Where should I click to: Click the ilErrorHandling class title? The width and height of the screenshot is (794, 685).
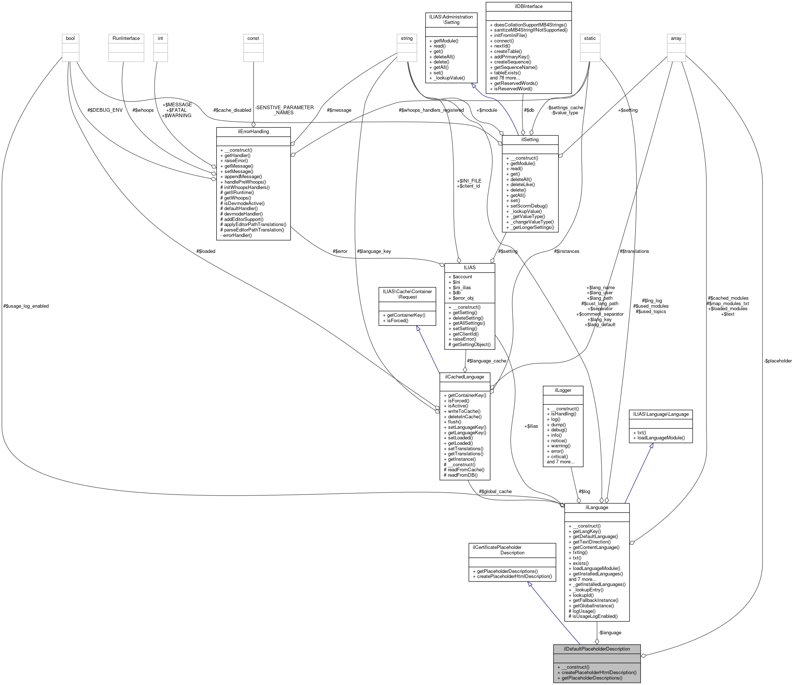253,131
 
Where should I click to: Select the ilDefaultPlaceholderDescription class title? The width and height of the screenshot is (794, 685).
597,649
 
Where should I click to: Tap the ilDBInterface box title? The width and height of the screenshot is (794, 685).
528,7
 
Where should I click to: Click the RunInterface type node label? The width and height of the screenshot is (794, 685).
126,38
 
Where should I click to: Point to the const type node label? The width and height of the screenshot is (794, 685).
253,38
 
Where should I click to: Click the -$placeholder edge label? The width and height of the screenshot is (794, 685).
777,361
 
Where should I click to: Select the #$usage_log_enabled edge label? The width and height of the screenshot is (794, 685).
26,306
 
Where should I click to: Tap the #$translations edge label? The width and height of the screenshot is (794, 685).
634,251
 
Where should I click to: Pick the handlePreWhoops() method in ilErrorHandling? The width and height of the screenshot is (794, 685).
243,182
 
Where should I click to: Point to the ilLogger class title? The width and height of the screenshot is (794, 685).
563,390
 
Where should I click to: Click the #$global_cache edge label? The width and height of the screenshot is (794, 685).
495,491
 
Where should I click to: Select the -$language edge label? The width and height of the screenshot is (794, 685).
610,632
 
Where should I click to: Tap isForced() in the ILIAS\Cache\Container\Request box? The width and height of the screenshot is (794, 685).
395,320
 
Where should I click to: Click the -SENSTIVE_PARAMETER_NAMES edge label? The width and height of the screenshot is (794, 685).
285,110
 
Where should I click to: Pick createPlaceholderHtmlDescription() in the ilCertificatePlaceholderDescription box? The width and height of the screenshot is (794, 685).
512,576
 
